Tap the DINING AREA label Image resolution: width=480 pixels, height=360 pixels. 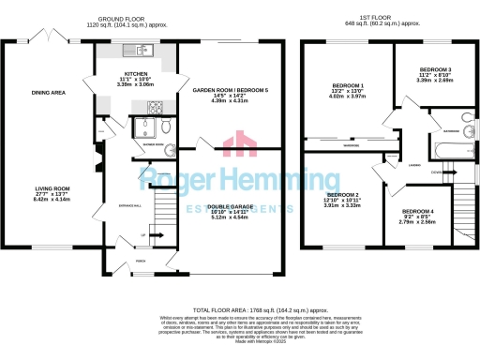pyautogui.click(x=48, y=92)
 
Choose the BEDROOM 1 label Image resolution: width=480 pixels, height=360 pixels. pyautogui.click(x=348, y=85)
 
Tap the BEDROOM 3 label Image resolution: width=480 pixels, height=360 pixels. pyautogui.click(x=435, y=71)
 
